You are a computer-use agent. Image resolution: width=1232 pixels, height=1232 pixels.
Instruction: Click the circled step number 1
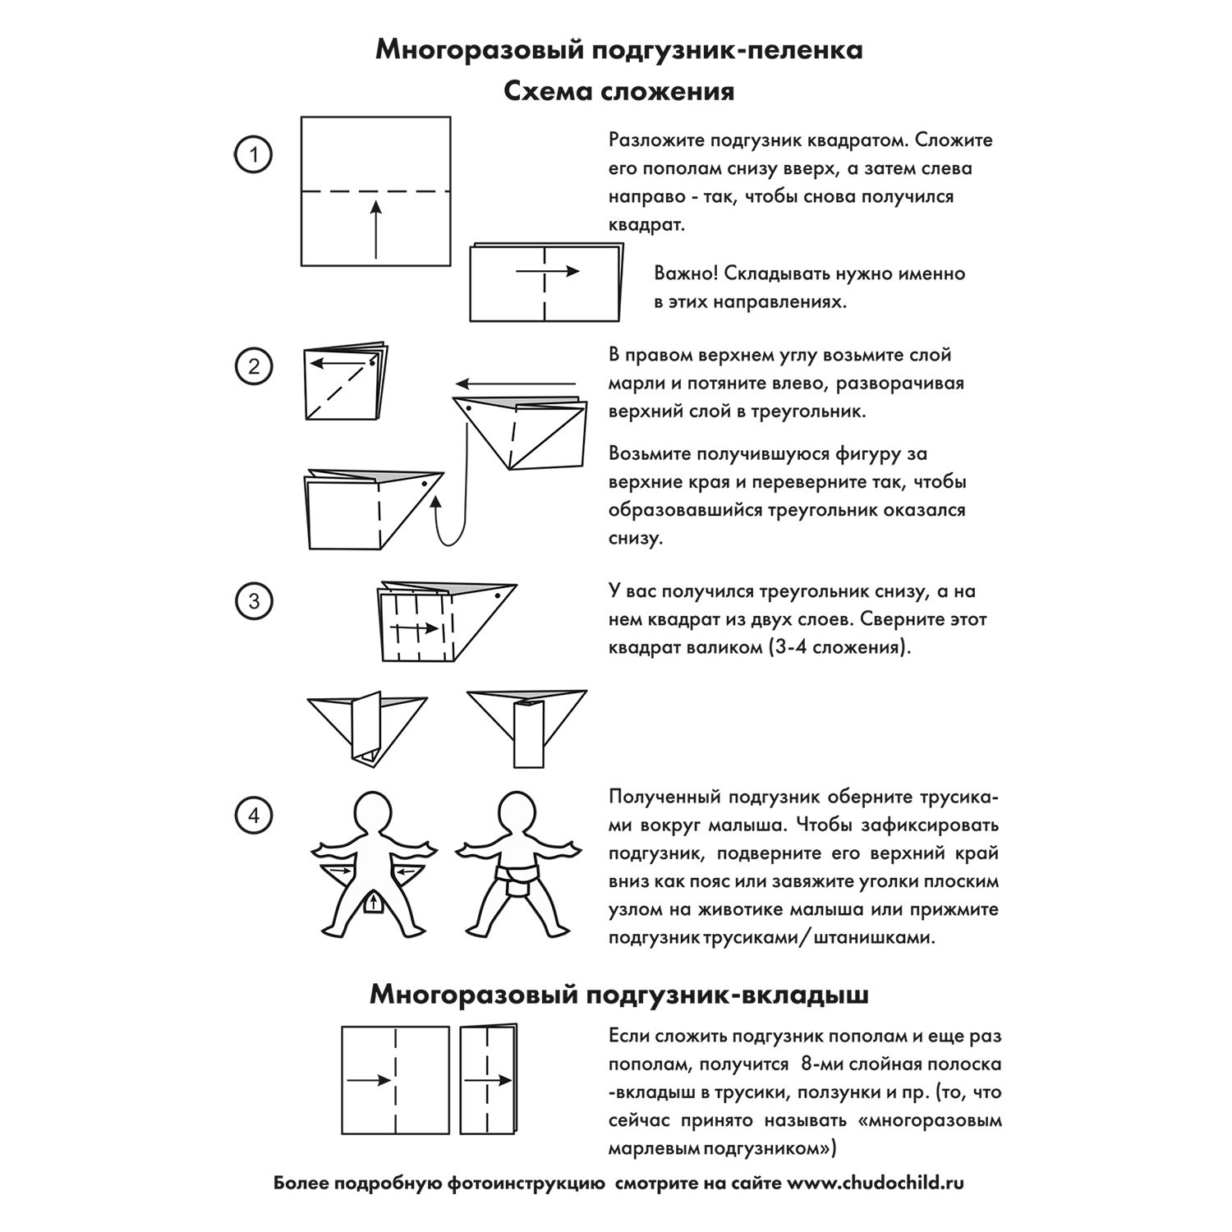point(253,154)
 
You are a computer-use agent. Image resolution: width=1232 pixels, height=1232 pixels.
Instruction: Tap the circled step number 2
point(253,366)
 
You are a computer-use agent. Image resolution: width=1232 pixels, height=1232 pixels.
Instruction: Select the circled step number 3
point(253,601)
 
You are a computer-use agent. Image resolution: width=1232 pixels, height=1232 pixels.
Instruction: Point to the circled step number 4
point(253,816)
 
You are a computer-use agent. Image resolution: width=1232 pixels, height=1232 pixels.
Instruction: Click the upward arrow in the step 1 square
point(375,229)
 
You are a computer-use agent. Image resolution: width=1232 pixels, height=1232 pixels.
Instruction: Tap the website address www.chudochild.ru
point(876,1184)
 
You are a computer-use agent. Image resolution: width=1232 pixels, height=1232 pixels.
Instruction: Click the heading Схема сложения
point(618,90)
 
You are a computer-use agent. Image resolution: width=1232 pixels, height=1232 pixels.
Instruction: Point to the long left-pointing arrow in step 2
point(517,384)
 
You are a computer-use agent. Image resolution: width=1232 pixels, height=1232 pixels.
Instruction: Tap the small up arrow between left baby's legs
point(375,903)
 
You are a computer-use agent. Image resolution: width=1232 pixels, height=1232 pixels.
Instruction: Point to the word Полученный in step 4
point(664,797)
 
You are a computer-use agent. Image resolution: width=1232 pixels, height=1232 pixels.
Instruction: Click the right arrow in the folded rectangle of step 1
point(548,272)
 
